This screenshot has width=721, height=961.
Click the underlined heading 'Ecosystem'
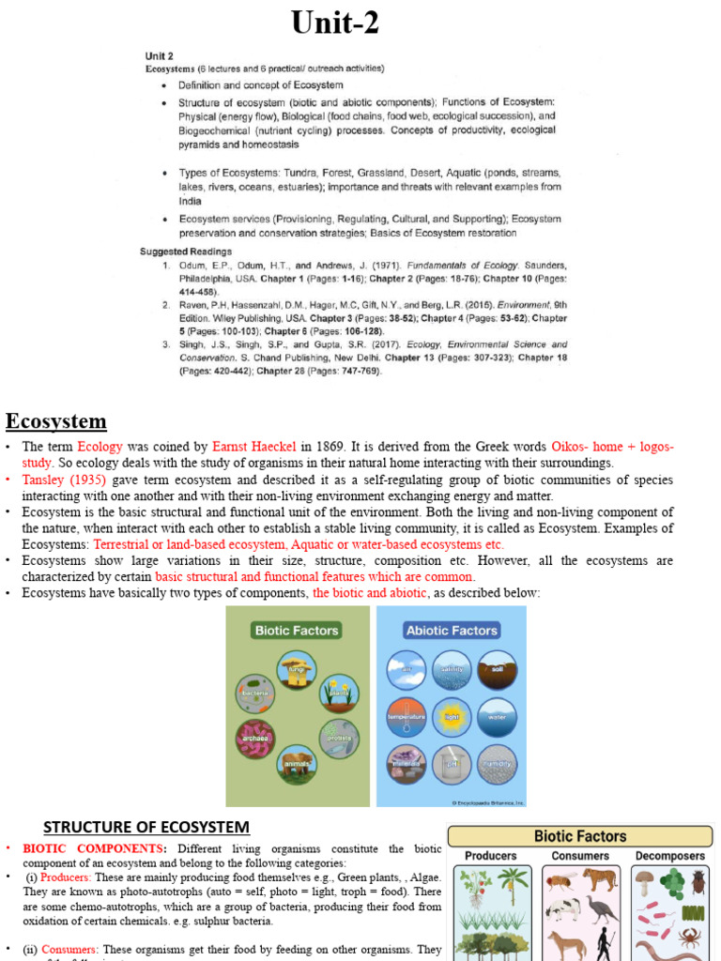56,420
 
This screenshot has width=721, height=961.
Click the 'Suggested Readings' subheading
186,252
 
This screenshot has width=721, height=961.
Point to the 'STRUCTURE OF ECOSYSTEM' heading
146,827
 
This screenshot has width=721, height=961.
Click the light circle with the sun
451,716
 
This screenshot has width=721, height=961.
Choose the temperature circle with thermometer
407,716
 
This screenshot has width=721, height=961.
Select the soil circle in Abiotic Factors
496,669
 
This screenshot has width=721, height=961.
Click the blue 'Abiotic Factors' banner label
451,631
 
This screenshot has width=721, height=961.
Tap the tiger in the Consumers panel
600,880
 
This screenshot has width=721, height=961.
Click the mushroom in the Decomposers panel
645,883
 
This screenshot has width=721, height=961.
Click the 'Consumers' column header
580,856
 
